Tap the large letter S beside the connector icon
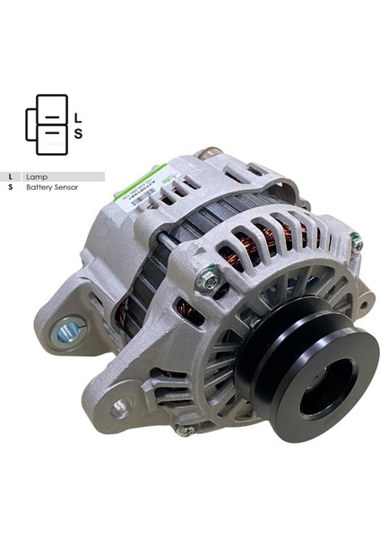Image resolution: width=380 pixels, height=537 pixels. [77, 134]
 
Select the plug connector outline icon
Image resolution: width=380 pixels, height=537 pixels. [47, 124]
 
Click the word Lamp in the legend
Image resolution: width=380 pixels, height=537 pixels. [36, 177]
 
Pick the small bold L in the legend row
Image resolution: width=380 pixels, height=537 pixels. [10, 177]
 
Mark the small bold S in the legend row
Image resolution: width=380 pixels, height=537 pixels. [10, 188]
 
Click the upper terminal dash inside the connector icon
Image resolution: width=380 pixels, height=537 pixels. [52, 117]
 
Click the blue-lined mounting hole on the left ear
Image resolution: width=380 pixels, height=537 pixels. [66, 333]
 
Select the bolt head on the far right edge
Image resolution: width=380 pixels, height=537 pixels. [357, 242]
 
